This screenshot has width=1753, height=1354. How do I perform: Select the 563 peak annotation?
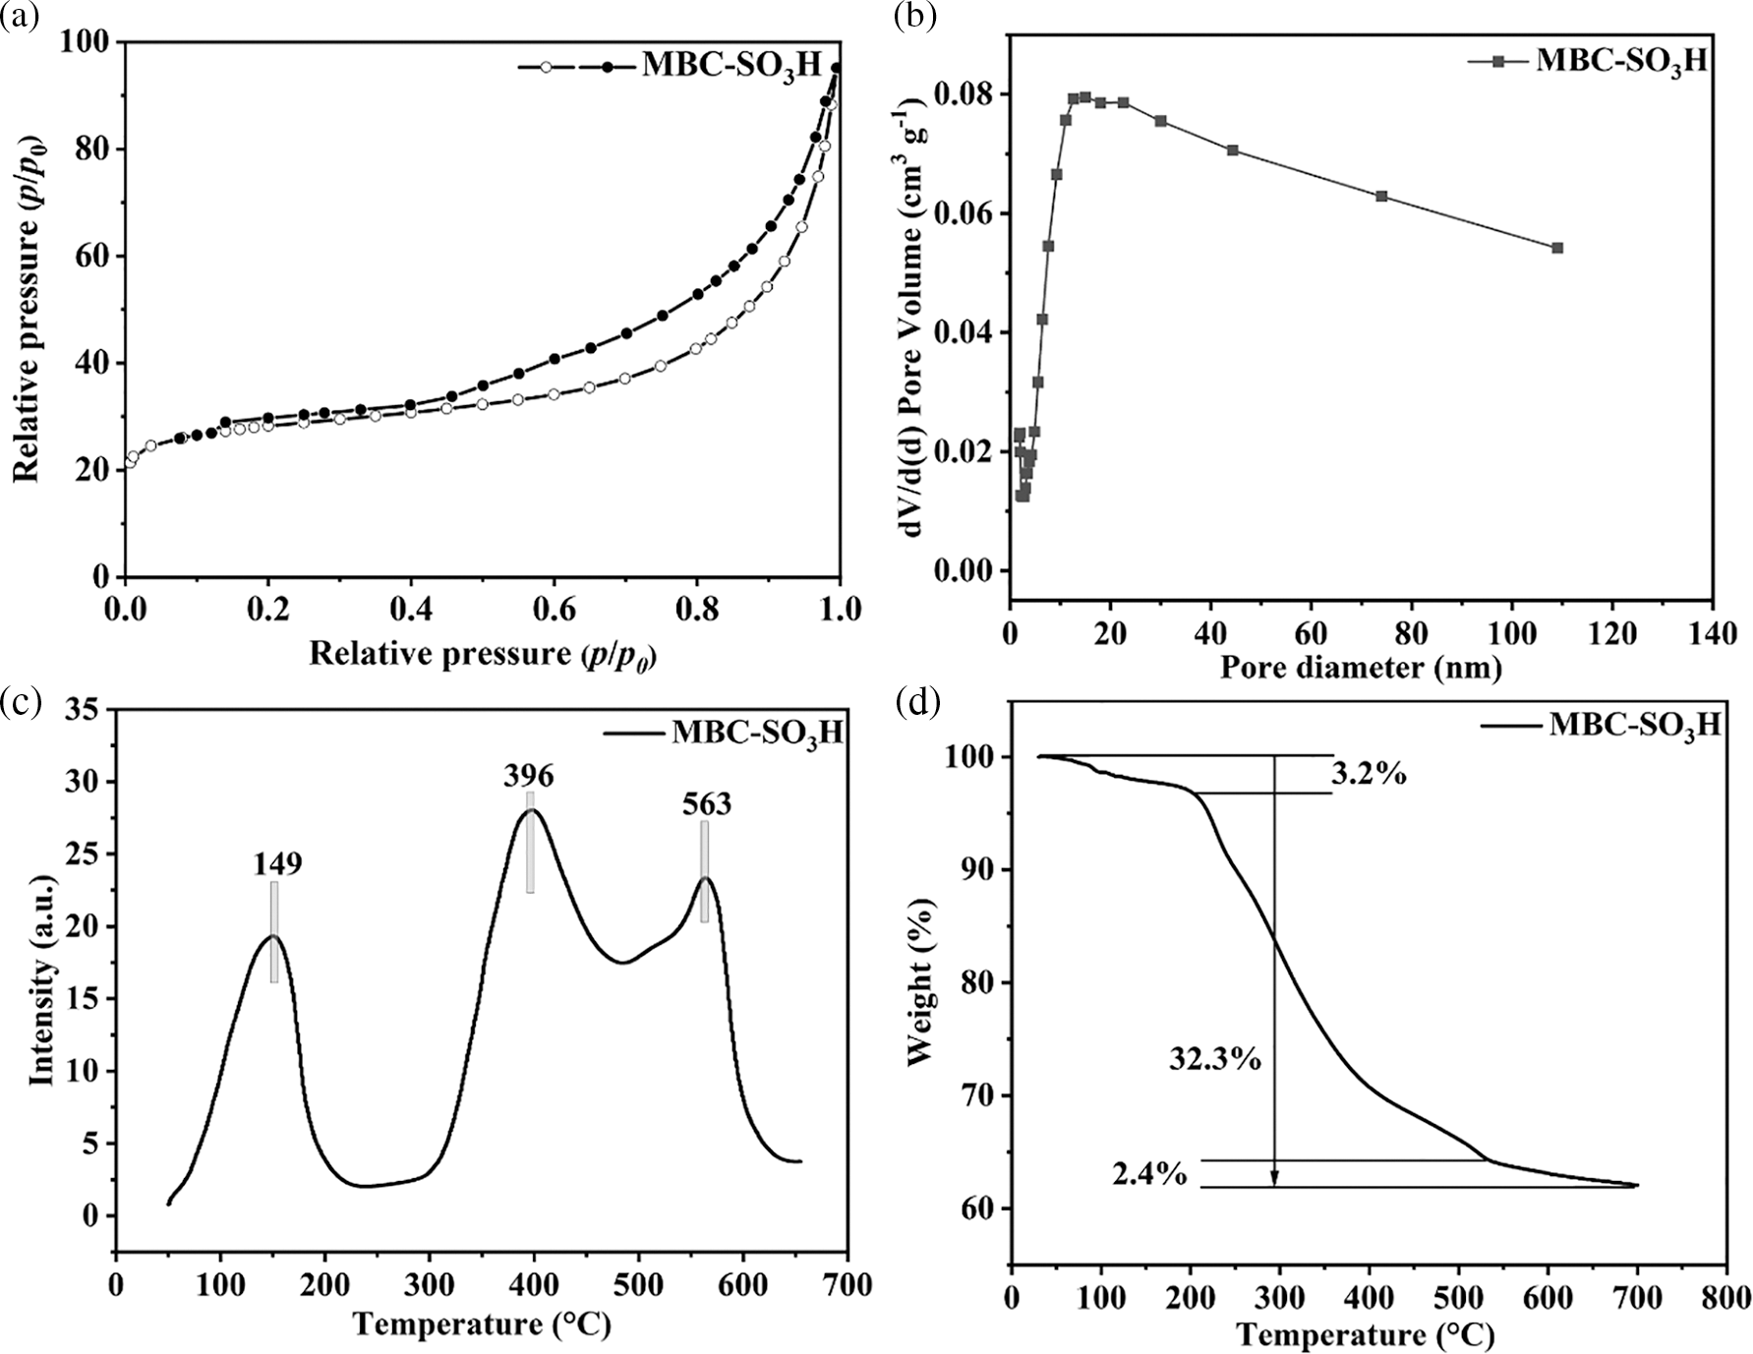(x=707, y=804)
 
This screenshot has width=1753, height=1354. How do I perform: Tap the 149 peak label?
(x=277, y=863)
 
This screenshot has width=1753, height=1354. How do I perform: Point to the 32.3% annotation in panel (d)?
(x=1215, y=1059)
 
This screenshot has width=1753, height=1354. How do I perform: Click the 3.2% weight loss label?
(x=1369, y=775)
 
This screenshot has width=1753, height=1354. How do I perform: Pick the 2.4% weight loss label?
(x=1149, y=1173)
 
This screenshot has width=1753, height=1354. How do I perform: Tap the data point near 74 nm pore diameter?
(x=1381, y=196)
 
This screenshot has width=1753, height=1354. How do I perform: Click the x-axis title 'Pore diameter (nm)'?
(x=1361, y=668)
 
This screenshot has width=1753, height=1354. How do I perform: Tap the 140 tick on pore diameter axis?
(x=1712, y=633)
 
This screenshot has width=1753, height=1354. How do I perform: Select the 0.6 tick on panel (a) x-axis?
(x=554, y=610)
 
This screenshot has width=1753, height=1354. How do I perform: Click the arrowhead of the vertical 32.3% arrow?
(x=1275, y=1178)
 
